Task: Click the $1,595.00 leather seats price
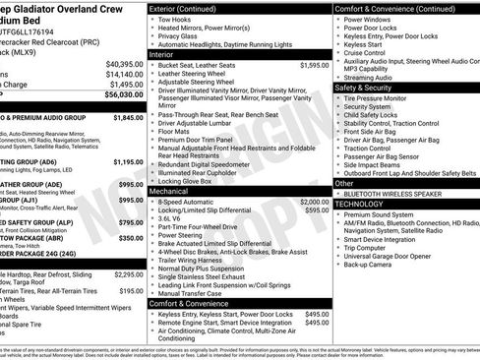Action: tap(314, 65)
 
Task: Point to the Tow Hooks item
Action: tap(176, 19)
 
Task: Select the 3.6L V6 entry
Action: tap(172, 218)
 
